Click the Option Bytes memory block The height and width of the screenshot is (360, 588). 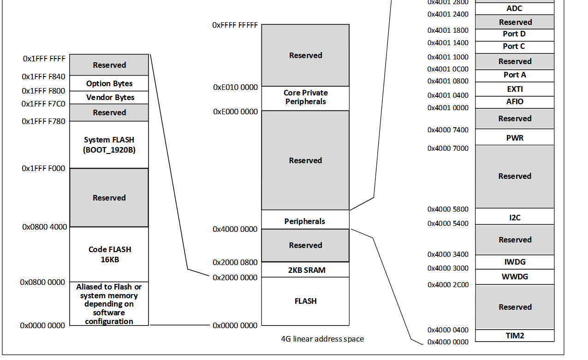click(109, 83)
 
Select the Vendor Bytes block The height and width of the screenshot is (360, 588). click(109, 97)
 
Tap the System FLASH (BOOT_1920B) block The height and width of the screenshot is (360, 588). click(109, 145)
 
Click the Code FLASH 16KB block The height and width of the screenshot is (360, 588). click(109, 254)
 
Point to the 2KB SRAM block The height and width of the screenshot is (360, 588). click(305, 270)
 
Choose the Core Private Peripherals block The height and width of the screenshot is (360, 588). click(305, 97)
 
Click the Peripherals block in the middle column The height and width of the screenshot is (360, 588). click(304, 221)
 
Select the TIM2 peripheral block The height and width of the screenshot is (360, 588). click(515, 336)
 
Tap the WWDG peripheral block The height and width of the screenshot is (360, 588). click(515, 277)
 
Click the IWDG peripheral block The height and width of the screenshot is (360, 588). click(515, 262)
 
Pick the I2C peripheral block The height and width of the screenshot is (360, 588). click(515, 218)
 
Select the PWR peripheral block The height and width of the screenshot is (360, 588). click(515, 138)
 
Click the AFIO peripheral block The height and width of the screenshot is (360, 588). click(515, 101)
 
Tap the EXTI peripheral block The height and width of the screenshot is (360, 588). click(515, 89)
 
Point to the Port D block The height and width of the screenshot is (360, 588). click(514, 34)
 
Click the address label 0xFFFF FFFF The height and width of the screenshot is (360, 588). click(235, 25)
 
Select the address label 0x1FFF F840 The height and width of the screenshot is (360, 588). click(44, 77)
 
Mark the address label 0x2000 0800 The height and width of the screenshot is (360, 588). click(235, 262)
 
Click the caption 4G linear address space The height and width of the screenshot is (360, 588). click(322, 339)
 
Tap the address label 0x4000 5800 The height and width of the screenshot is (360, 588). click(448, 209)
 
